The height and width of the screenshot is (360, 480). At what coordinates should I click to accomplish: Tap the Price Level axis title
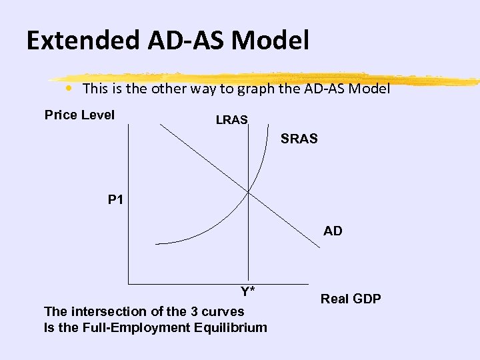coord(79,115)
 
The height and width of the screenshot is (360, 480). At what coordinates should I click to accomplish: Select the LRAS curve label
coord(231,120)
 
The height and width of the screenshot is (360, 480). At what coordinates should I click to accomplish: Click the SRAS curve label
coord(299,139)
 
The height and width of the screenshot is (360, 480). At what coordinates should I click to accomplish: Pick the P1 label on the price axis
coord(115,199)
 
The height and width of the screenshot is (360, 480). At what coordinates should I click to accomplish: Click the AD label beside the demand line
coord(333,231)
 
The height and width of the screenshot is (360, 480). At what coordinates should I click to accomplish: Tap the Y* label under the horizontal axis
coord(248,291)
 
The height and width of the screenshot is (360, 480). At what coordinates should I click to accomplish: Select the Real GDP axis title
coord(351,299)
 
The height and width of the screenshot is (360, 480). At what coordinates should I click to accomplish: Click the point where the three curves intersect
coord(248,192)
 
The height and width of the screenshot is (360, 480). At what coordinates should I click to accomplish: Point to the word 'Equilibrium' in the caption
coord(231,327)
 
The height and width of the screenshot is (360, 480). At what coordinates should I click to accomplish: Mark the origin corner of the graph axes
coord(127,284)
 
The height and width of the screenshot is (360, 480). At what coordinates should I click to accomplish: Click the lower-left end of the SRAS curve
coord(155,242)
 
